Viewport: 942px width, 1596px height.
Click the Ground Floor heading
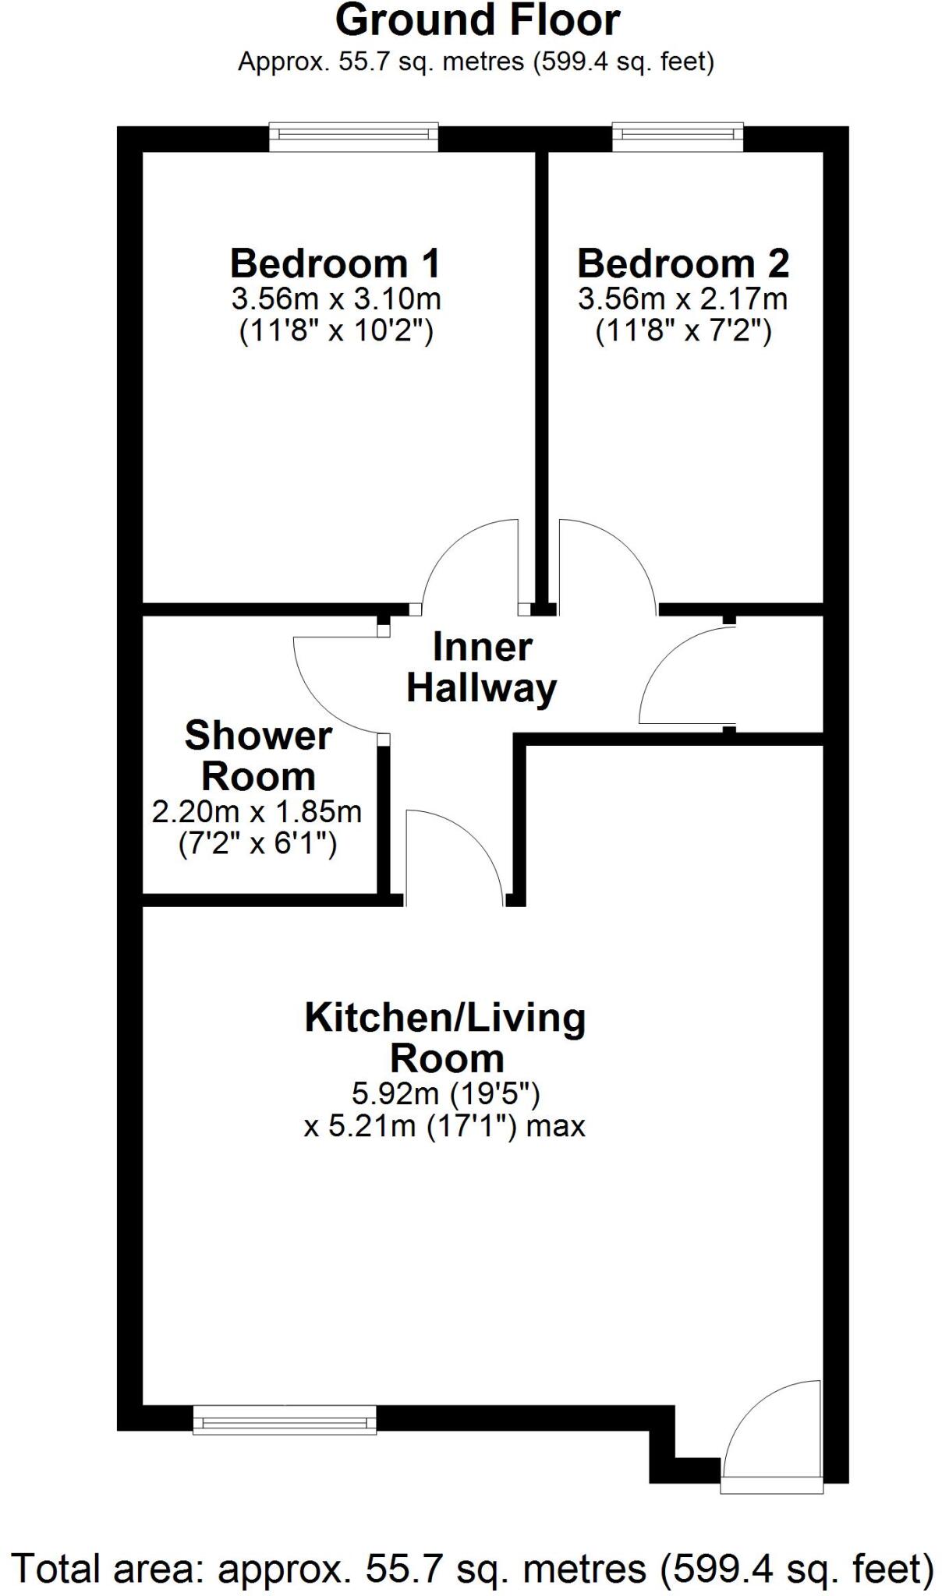coord(477,21)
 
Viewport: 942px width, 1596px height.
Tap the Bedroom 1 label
coord(335,263)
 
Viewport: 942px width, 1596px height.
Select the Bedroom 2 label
coord(683,263)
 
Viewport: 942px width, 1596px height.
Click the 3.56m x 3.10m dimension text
coord(335,298)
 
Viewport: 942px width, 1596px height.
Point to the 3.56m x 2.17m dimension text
coord(683,298)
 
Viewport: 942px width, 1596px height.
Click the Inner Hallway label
coord(482,668)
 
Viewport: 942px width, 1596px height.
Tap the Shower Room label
coord(258,756)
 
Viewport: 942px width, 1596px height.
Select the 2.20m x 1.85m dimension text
coord(257,812)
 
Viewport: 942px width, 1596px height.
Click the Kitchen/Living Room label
coord(445,1037)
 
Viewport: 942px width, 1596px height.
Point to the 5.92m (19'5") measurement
coord(445,1093)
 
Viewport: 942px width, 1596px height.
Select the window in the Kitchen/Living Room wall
coord(285,1420)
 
